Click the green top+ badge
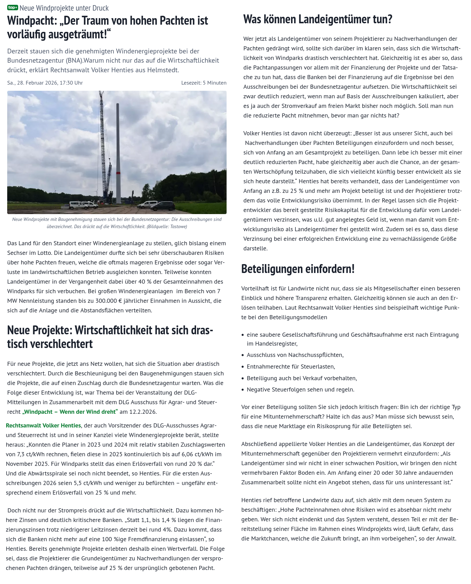(13, 8)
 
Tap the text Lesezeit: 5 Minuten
(204, 83)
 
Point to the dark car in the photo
(163, 206)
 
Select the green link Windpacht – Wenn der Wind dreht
(70, 412)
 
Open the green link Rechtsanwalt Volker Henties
(43, 425)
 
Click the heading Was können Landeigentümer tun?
(317, 20)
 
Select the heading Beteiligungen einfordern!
(298, 269)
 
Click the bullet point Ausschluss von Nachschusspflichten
(295, 355)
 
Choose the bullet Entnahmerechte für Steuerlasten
(291, 366)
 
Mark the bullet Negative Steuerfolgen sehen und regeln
(300, 389)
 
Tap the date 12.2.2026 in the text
(143, 412)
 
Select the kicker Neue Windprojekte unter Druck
(64, 8)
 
